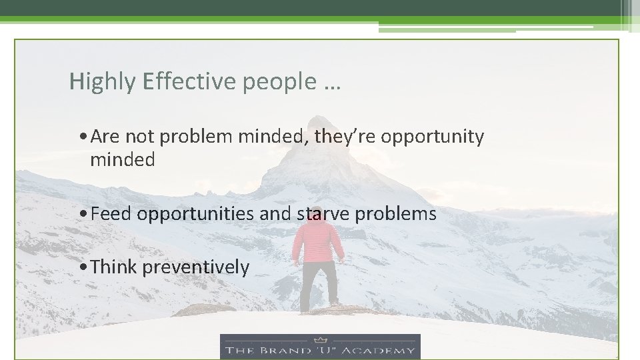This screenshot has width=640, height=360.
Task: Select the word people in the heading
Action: point(282,83)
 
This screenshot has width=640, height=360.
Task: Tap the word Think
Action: point(114,267)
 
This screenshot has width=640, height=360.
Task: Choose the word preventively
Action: point(196,268)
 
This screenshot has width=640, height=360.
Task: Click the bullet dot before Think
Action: point(82,268)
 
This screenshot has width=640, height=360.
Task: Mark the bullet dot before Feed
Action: point(82,215)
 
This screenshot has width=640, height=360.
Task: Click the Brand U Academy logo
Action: point(320,347)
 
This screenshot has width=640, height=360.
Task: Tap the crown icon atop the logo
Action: point(320,339)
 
